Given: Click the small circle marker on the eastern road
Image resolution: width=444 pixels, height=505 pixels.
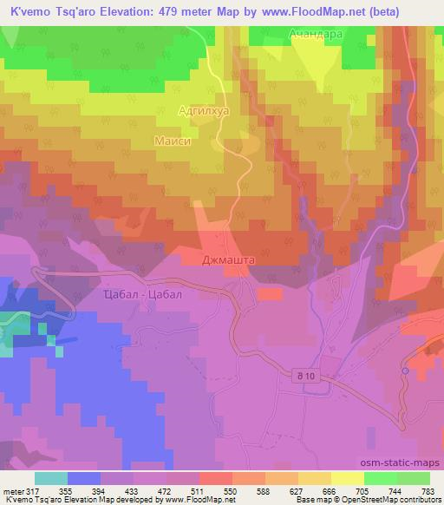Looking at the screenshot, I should pyautogui.click(x=405, y=371).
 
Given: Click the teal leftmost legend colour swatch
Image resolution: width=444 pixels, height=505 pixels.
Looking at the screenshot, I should pyautogui.click(x=51, y=477).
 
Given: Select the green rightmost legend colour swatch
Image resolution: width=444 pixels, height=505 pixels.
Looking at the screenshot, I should pyautogui.click(x=413, y=477).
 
